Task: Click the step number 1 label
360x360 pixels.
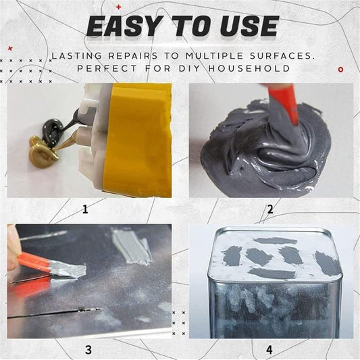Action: click(x=85, y=209)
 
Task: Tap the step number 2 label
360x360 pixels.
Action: click(x=269, y=209)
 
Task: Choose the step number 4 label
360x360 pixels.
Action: click(x=269, y=350)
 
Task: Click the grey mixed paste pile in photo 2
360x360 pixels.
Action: click(x=257, y=149)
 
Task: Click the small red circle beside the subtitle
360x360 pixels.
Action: click(x=340, y=68)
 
